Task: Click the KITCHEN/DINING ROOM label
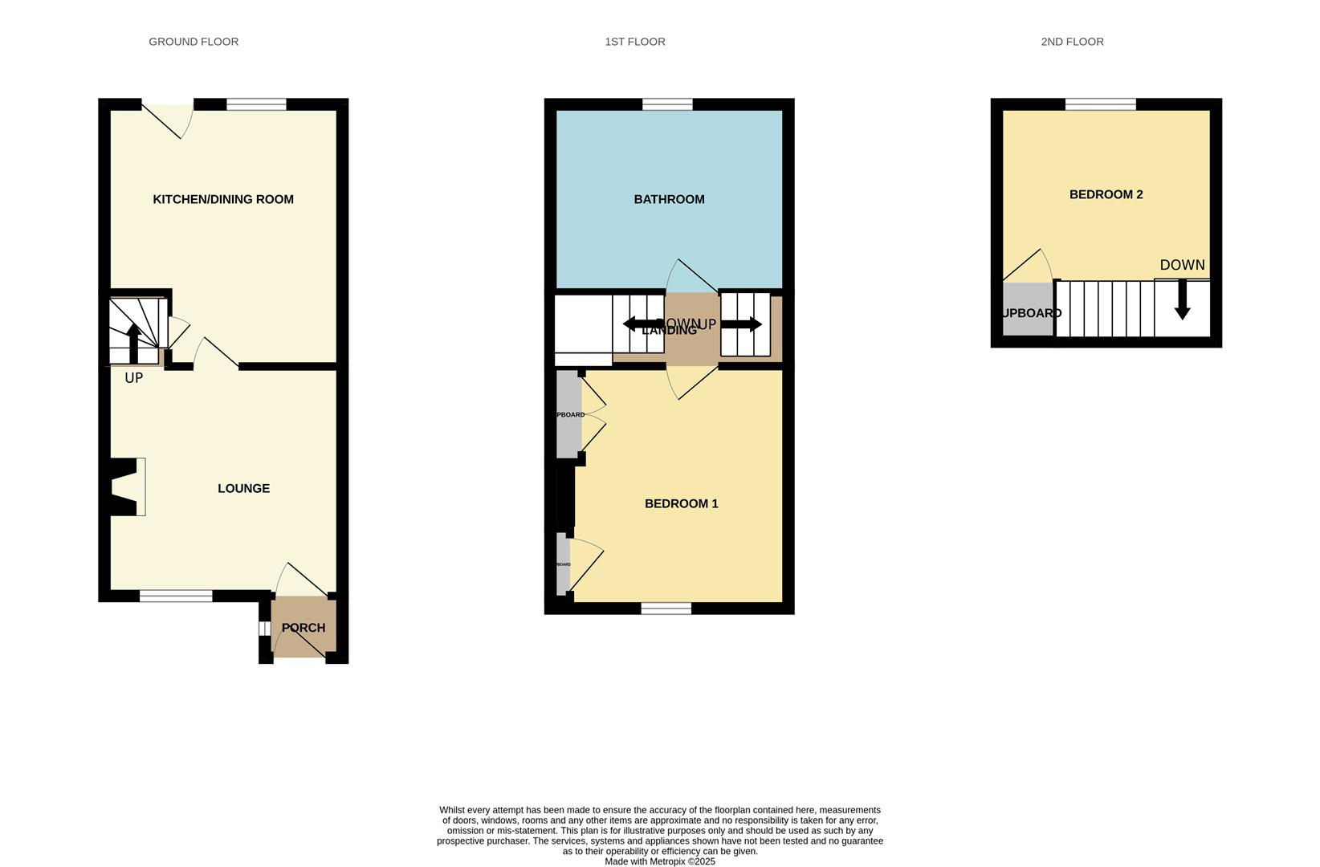click(223, 199)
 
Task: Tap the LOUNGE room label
click(243, 488)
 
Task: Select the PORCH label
click(304, 628)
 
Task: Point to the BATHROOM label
click(669, 199)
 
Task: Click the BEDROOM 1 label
click(681, 503)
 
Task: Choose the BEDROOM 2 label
click(1106, 194)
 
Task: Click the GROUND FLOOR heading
click(194, 42)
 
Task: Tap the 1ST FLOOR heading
click(634, 42)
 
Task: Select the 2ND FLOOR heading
click(1072, 42)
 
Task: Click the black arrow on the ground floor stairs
click(134, 343)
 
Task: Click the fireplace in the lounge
click(127, 486)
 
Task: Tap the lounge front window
click(176, 596)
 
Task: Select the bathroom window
click(667, 104)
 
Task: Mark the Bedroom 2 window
click(1100, 104)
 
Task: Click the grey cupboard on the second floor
click(1027, 310)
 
